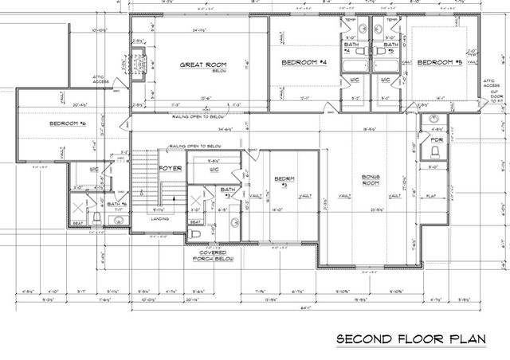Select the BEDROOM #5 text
[440, 62]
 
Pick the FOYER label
[171, 169]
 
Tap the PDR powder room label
[436, 140]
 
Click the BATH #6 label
[116, 204]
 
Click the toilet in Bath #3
[195, 234]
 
